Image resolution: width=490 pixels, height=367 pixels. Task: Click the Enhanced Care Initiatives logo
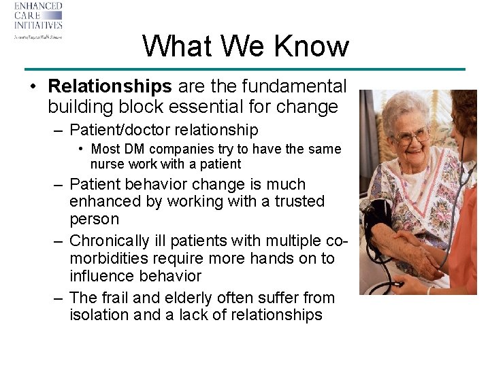(x=38, y=20)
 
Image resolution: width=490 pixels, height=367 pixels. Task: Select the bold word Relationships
(x=110, y=86)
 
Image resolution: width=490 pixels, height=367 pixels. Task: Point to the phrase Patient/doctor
(x=114, y=130)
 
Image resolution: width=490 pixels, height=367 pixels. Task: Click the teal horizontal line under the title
(x=245, y=69)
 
